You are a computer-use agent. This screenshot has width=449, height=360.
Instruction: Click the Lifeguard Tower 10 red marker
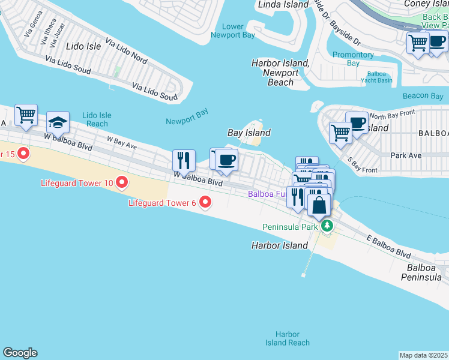(122, 181)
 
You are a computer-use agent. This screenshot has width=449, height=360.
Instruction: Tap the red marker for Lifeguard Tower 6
(205, 202)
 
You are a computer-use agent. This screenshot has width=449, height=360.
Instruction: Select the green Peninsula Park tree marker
(327, 226)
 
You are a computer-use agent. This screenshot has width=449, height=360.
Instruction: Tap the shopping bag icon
(320, 205)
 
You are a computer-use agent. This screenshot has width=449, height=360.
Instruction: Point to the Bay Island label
(249, 133)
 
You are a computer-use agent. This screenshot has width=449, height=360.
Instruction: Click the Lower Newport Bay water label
(233, 31)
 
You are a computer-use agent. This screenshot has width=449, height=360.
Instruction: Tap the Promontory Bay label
(353, 59)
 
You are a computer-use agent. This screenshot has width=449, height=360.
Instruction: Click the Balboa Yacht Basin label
(376, 77)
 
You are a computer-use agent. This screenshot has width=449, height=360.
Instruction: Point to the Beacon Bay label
(423, 96)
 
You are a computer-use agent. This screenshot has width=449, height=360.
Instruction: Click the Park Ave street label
(406, 155)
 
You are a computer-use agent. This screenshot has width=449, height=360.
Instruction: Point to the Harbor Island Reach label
(288, 338)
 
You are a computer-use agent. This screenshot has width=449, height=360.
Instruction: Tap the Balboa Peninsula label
(424, 272)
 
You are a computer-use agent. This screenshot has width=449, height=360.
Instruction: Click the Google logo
(20, 353)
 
